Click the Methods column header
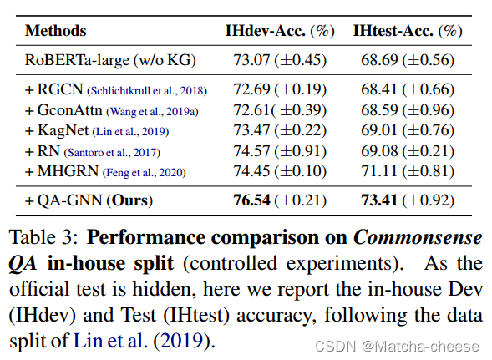[x=55, y=31]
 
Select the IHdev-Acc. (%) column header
[x=280, y=31]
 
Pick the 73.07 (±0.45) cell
[x=280, y=61]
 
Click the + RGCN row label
[x=52, y=89]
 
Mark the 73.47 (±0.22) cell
[x=280, y=130]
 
